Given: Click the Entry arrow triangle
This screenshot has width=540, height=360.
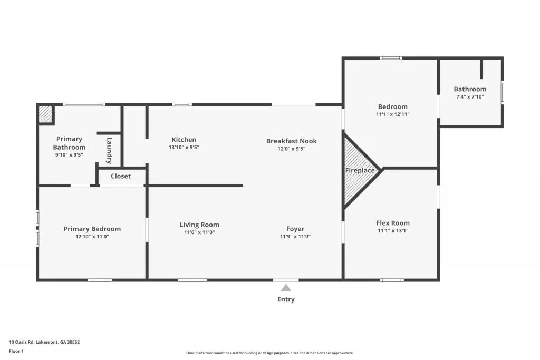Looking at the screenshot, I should (x=286, y=288).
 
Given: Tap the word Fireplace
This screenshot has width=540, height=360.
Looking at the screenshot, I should (x=360, y=170).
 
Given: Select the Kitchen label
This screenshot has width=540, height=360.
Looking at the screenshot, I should (x=184, y=140).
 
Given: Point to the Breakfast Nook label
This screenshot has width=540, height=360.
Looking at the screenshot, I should (x=292, y=141).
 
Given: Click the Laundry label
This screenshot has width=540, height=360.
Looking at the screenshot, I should (x=109, y=150).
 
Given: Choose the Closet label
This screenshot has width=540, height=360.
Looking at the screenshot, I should (x=121, y=176).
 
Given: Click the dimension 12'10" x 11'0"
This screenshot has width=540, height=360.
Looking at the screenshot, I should (x=92, y=237).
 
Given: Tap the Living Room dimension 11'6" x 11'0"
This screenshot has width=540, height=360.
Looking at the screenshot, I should (x=199, y=232).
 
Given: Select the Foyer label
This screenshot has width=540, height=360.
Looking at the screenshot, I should (x=295, y=229).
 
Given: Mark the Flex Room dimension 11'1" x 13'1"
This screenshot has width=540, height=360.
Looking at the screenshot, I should (x=393, y=230).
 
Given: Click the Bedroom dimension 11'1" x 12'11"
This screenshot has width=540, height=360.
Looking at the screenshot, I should (x=392, y=114).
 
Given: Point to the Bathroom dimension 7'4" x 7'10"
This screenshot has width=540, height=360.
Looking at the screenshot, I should (x=470, y=97).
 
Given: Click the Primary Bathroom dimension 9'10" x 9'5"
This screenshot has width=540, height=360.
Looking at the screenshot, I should (x=69, y=155).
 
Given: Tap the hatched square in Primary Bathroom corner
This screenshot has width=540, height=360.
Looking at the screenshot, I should (x=46, y=114).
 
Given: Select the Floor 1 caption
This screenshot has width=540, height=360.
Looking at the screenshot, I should (x=16, y=351).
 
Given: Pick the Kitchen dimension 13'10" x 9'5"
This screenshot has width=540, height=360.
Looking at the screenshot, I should (x=184, y=148).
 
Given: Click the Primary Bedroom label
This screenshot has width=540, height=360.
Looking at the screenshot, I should (x=92, y=229).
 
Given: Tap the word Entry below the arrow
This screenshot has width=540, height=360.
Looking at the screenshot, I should (x=286, y=299).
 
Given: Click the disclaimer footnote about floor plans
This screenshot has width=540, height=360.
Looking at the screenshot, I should (x=269, y=353).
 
